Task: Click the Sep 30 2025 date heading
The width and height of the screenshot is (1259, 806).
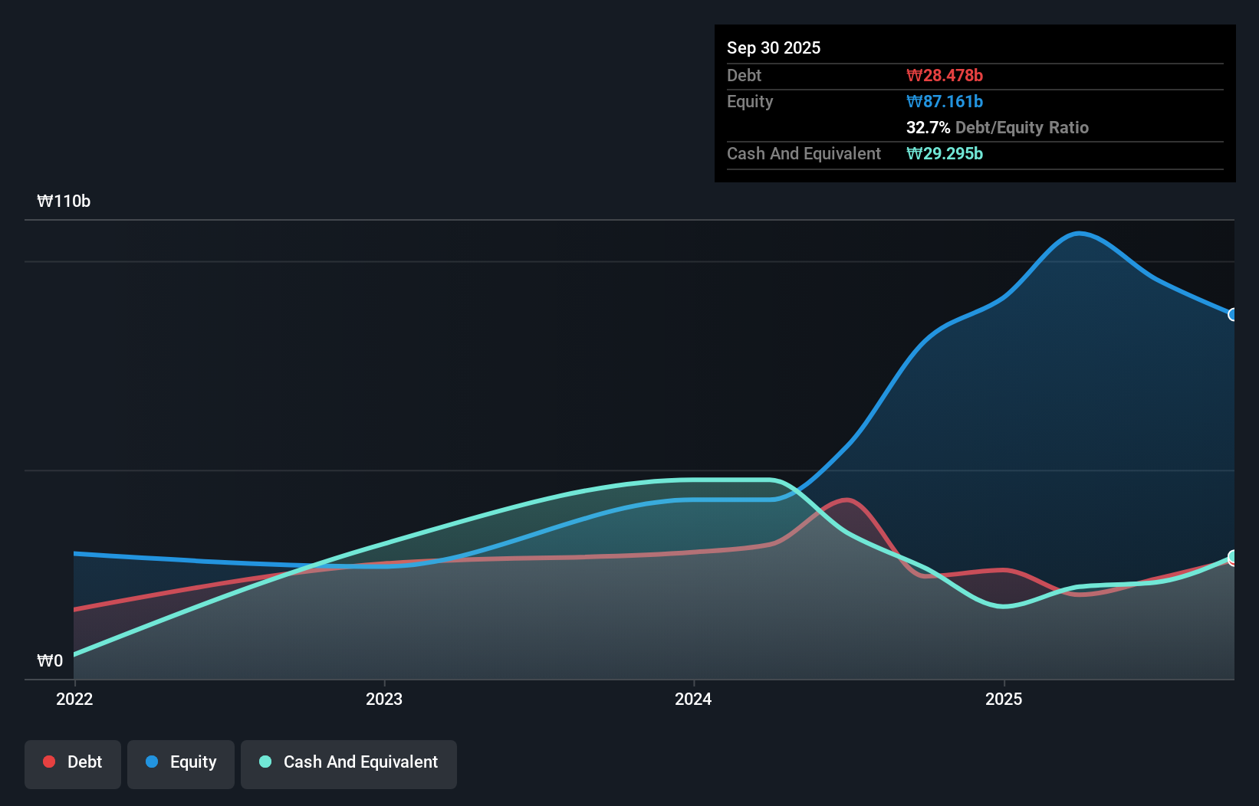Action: (773, 48)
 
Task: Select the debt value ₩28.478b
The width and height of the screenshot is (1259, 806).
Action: (944, 75)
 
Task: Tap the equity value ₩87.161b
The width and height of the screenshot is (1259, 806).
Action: (944, 101)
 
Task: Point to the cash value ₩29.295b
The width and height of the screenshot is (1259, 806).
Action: (944, 153)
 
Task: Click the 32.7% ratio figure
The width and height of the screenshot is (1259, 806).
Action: (928, 127)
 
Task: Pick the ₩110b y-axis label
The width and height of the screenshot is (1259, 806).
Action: (64, 201)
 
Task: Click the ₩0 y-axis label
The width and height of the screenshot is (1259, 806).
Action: (50, 660)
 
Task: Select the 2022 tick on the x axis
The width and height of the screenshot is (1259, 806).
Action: (74, 699)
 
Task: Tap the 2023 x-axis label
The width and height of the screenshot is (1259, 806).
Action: (384, 699)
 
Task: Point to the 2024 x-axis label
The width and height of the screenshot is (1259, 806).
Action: (693, 699)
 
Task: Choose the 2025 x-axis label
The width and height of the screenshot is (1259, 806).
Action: (1004, 699)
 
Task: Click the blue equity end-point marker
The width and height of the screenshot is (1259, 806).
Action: (1233, 315)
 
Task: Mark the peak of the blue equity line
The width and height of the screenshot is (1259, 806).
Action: (1079, 233)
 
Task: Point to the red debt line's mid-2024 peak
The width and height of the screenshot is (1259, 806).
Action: (846, 500)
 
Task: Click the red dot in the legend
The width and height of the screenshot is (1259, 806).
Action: (49, 762)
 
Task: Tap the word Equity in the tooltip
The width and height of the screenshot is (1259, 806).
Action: (749, 101)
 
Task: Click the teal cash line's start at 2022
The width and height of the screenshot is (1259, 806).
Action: (75, 655)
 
